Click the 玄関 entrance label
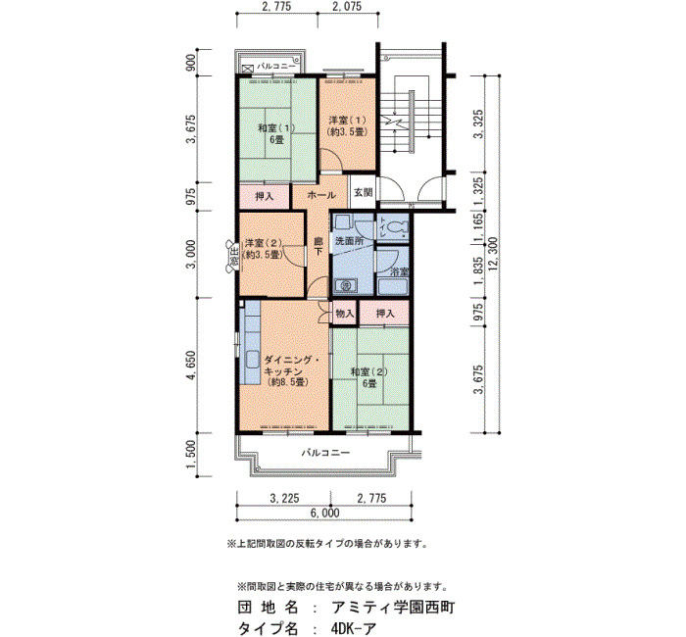coord(364,192)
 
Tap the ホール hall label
coord(321,195)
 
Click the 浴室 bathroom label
coord(399,271)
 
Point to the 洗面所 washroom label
coord(349,241)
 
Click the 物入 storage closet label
coord(344,314)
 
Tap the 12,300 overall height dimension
coord(494,254)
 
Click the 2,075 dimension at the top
coord(347,7)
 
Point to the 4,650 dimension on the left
coord(192,366)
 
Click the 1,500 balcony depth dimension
coord(192,454)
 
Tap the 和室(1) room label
coord(276,128)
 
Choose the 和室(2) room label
coord(370,371)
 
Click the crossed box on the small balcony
coord(248,69)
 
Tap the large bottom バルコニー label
coord(326,453)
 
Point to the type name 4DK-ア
coord(354,629)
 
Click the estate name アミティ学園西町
coord(393,608)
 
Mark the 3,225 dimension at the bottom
coord(285,498)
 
